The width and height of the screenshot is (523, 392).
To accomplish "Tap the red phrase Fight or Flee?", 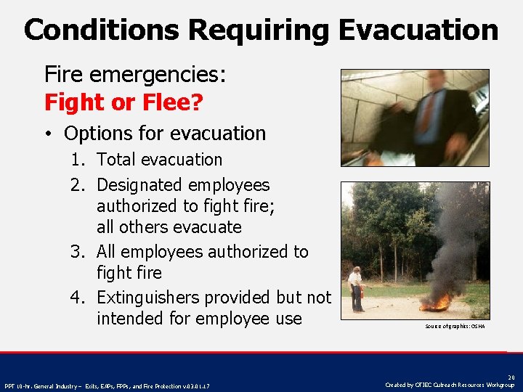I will tap(123, 102).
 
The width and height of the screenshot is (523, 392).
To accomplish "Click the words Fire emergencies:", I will tap(136, 74).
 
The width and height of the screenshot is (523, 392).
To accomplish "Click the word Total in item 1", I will tap(117, 160).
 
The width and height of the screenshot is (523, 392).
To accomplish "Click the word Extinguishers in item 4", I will tap(149, 298).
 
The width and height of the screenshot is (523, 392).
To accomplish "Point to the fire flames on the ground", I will tap(437, 302).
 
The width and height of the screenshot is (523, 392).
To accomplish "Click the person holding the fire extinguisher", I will tap(355, 290).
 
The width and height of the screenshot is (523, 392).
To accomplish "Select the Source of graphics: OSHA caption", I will tap(455, 327).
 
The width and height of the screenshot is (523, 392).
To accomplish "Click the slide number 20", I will tap(511, 377).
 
